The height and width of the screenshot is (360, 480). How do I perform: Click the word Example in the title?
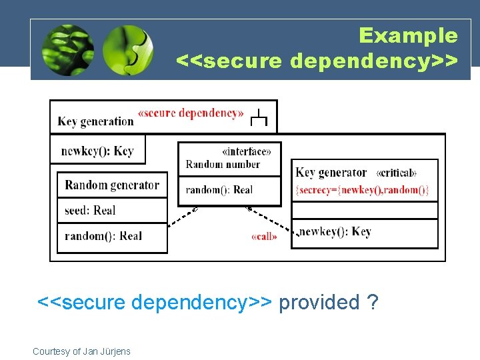click(x=408, y=35)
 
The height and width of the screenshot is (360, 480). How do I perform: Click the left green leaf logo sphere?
click(x=67, y=49)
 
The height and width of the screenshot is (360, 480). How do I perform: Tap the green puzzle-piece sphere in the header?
click(x=128, y=49)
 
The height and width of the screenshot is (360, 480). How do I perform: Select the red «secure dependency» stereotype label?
click(x=191, y=113)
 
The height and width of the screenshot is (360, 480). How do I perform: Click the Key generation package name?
click(x=96, y=121)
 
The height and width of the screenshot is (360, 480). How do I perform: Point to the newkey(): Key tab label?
click(x=97, y=151)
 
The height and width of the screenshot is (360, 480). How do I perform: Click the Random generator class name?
click(x=112, y=185)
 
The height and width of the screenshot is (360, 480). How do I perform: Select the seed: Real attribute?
click(x=90, y=211)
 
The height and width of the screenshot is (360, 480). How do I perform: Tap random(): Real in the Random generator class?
click(x=103, y=236)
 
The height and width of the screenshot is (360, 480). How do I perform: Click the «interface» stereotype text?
click(x=246, y=151)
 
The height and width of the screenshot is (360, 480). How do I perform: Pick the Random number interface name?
click(x=223, y=164)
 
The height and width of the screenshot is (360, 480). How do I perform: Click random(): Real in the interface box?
click(x=219, y=190)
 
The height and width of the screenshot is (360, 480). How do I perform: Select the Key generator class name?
click(x=331, y=173)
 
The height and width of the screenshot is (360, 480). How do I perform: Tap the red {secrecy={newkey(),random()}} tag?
click(x=363, y=190)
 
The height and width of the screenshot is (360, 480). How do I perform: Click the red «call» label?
click(x=265, y=237)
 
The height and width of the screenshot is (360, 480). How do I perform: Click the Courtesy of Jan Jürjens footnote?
click(x=81, y=351)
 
